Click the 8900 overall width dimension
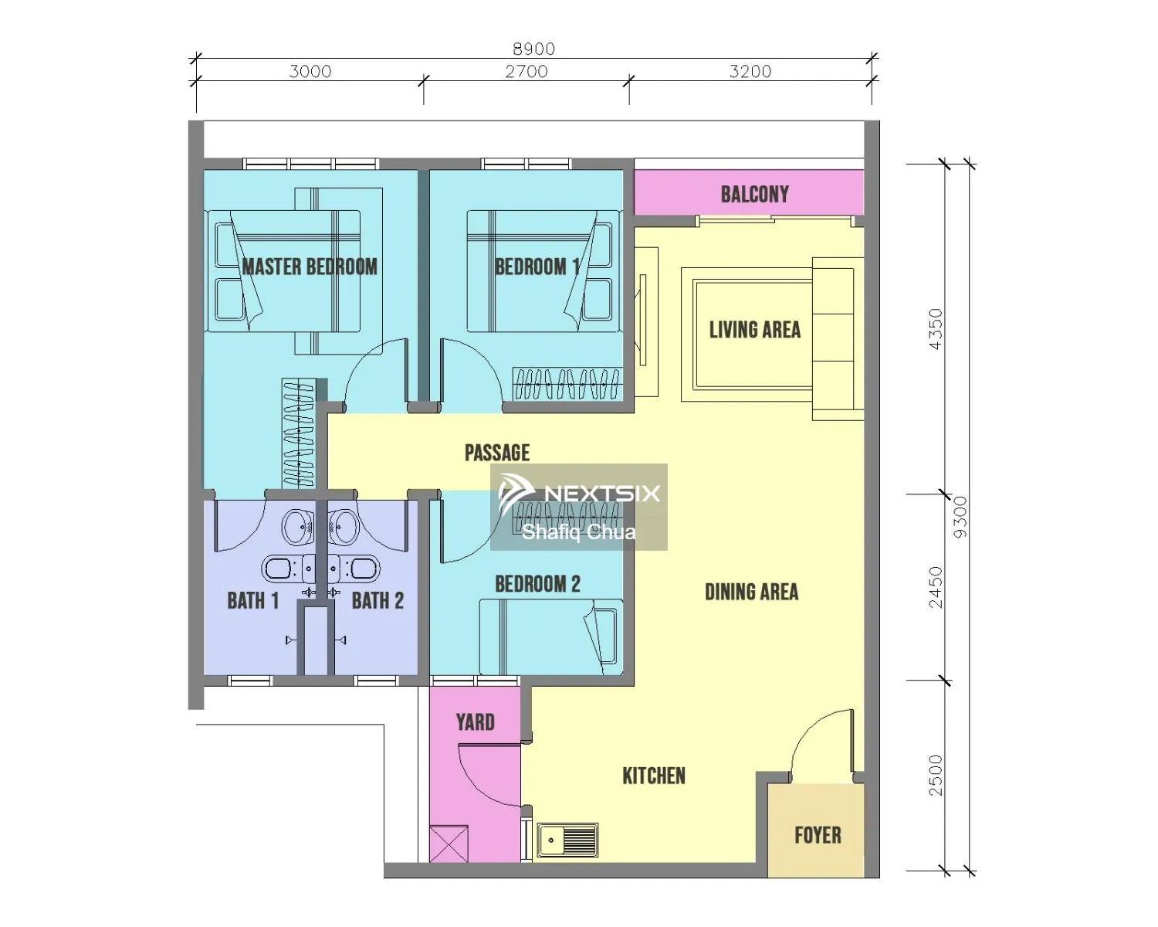pos(533,49)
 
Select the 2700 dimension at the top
pos(527,71)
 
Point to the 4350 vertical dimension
pos(936,329)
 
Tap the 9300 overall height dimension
pos(960,517)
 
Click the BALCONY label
pos(754,195)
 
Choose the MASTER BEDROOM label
pos(310,267)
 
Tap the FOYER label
pos(818,835)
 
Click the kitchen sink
pos(567,840)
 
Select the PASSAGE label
pos(497,453)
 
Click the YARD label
pos(475,722)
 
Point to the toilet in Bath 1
pos(281,569)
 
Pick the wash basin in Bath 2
pos(343,526)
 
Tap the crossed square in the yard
pos(449,844)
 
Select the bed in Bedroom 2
pos(551,637)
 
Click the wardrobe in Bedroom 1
pos(567,384)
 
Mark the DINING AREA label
pos(751,592)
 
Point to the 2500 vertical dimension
pos(936,775)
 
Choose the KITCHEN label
pos(654,776)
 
